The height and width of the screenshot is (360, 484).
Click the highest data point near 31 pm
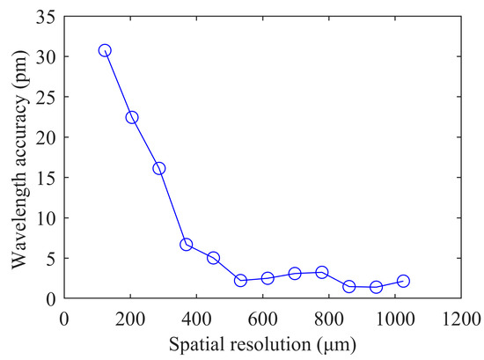click(x=105, y=50)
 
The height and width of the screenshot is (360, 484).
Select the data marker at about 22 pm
click(x=132, y=117)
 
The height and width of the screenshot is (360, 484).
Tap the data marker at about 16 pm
click(x=159, y=168)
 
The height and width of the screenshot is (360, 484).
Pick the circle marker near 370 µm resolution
click(x=187, y=244)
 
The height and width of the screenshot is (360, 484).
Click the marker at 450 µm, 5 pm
click(x=213, y=258)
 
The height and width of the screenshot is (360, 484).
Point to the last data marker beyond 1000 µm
click(x=403, y=281)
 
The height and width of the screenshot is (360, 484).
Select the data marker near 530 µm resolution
click(x=240, y=280)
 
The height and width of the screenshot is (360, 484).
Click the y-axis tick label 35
click(x=43, y=17)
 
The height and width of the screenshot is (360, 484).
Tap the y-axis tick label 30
click(x=43, y=57)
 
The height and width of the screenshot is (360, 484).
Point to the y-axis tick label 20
click(x=43, y=137)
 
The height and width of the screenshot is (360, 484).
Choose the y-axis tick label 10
click(x=43, y=218)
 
